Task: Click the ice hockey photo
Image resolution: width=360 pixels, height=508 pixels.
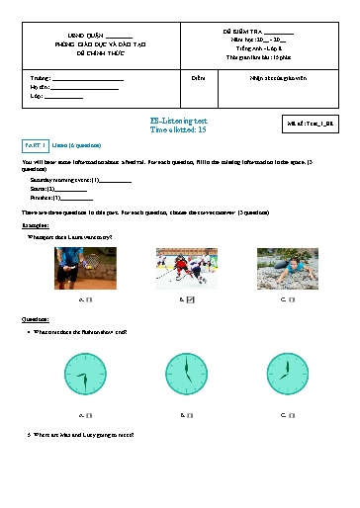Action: (x=185, y=268)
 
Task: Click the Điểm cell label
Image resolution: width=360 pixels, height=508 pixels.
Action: (x=197, y=76)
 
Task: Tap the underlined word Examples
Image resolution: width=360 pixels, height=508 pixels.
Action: (x=36, y=225)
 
